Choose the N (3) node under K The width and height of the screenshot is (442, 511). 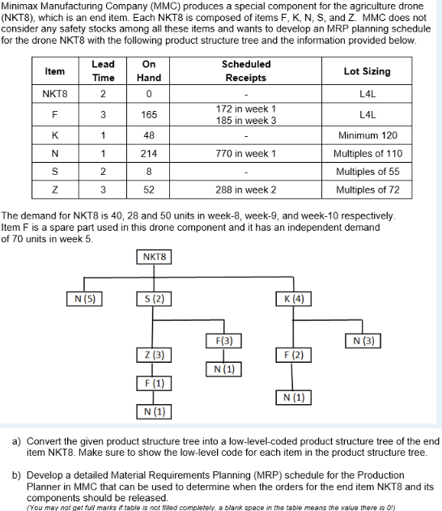(x=363, y=339)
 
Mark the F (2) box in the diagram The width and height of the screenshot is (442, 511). (x=289, y=356)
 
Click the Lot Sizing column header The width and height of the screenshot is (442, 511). (x=367, y=71)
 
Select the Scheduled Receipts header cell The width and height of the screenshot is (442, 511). (x=246, y=71)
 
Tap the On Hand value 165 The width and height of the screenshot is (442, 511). (x=149, y=115)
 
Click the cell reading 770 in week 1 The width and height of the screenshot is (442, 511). (x=246, y=153)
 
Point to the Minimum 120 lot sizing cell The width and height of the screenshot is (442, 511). (x=367, y=134)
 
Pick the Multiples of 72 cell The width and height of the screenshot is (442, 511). (x=367, y=189)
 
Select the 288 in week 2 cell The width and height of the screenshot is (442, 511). (x=246, y=189)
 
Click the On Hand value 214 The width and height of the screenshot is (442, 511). (x=149, y=153)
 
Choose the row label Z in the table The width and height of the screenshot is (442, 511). (x=55, y=189)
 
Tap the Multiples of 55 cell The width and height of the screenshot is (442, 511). (x=367, y=172)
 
